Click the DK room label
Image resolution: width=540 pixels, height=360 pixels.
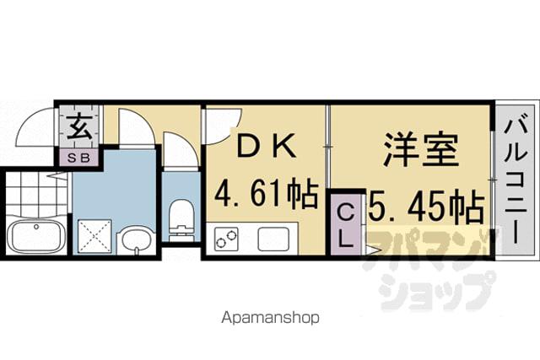[267, 146]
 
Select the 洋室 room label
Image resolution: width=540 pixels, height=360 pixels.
[421, 150]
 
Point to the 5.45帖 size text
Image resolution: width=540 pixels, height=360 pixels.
[426, 206]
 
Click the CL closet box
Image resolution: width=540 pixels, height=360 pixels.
[346, 225]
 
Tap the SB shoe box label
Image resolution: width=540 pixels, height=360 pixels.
[78, 158]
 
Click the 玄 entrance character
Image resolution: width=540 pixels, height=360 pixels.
[79, 126]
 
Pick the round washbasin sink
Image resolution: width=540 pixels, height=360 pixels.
[137, 240]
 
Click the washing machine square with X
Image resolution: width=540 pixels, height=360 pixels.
[94, 236]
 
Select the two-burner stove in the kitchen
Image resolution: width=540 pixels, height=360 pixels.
[226, 238]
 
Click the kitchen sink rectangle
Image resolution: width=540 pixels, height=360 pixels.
[273, 239]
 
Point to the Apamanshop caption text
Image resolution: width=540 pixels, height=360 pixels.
[270, 318]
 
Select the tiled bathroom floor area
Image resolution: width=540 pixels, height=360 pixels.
[36, 193]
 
